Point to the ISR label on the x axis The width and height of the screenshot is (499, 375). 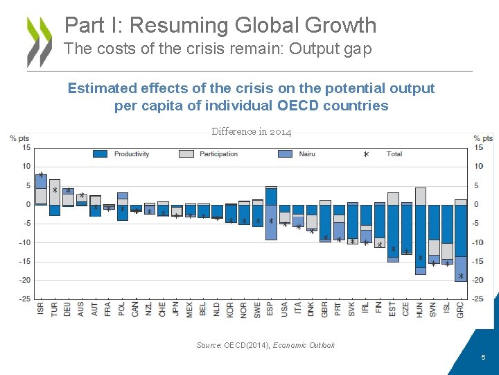(41, 308)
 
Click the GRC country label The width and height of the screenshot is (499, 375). (461, 308)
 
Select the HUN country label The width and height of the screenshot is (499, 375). (420, 308)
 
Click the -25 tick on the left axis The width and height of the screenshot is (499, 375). (24, 299)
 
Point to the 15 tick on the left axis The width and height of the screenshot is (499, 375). (26, 147)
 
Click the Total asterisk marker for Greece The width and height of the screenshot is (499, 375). (461, 276)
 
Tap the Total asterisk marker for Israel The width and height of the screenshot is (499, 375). (41, 176)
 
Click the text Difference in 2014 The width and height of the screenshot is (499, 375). (252, 132)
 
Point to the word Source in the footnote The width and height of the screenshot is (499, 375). (208, 345)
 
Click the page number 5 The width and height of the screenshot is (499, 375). (484, 357)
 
